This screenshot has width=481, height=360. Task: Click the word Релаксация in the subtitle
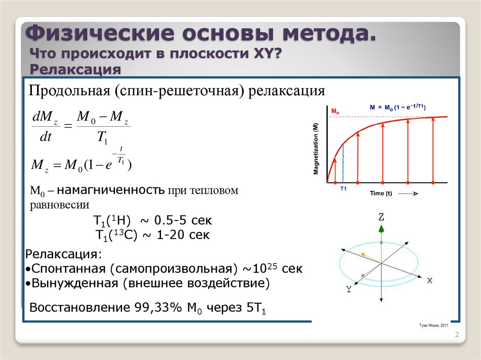(x=76, y=69)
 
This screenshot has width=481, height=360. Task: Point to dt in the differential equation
(x=46, y=138)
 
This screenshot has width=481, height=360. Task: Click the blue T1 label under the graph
(x=343, y=188)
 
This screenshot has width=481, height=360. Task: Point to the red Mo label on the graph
(x=335, y=111)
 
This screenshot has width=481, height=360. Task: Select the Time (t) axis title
(x=381, y=193)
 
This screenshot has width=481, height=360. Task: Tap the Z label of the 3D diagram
(x=381, y=217)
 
